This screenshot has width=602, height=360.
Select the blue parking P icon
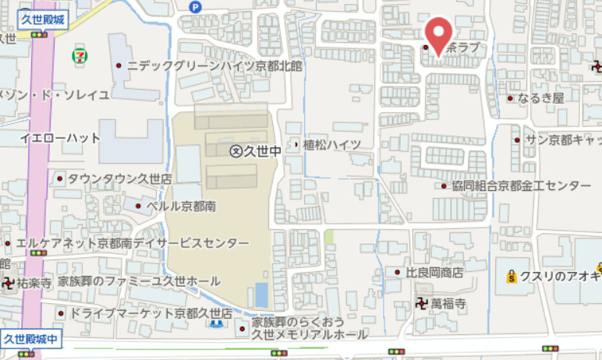pyautogui.click(x=195, y=6)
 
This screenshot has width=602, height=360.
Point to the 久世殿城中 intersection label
pyautogui.click(x=31, y=338)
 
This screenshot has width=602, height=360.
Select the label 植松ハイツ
pyautogui.click(x=331, y=144)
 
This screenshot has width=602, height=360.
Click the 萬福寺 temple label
pyautogui.click(x=448, y=302)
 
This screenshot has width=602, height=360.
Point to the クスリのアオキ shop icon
pyautogui.click(x=512, y=276)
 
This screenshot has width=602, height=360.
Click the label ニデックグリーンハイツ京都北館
pyautogui.click(x=214, y=66)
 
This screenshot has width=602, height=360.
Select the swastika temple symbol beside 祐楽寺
pyautogui.click(x=9, y=282)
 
